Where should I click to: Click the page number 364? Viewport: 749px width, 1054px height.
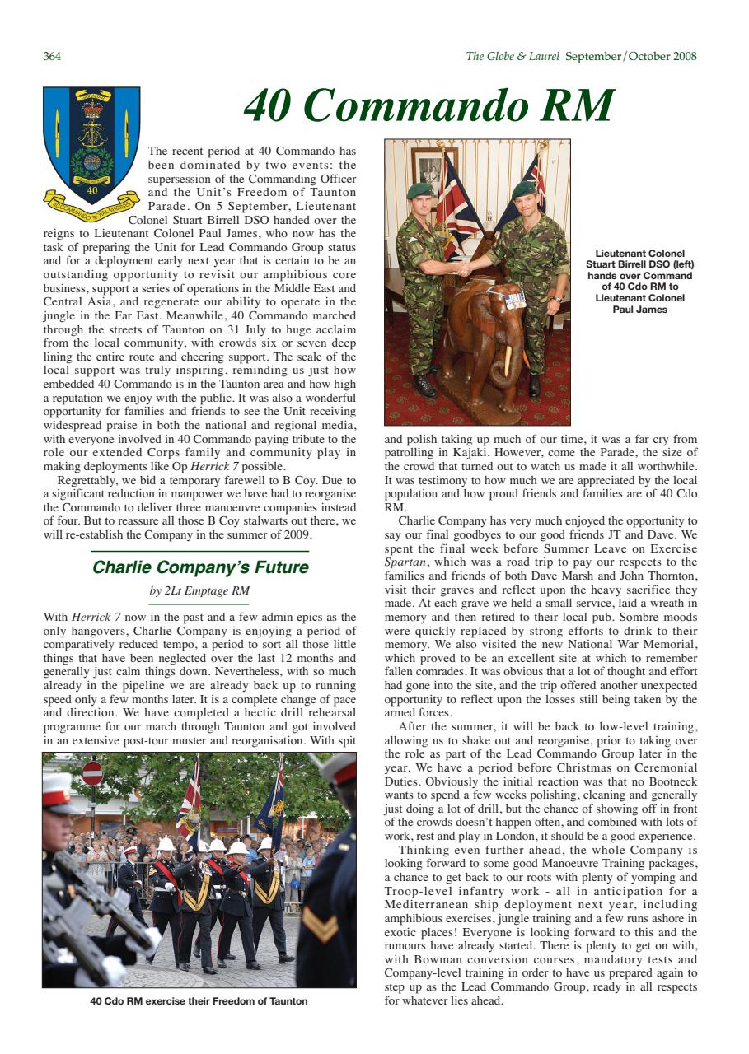pos(52,57)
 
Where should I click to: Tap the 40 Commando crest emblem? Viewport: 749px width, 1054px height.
pos(91,148)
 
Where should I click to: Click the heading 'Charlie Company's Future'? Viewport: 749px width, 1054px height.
pos(200,567)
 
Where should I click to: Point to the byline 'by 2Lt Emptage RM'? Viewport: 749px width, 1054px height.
pos(199,590)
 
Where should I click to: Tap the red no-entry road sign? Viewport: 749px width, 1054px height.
pos(92,774)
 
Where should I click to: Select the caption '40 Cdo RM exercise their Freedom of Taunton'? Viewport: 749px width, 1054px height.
pos(199,1001)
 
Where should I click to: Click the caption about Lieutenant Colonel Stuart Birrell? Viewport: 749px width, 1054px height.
pos(639,282)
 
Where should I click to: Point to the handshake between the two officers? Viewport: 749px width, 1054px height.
pos(463,268)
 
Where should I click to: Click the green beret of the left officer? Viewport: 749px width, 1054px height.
pos(420,191)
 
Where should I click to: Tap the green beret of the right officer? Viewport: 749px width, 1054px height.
pos(523,189)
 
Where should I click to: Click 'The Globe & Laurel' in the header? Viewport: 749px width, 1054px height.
pos(513,57)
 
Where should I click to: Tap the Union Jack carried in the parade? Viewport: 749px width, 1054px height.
pos(189,795)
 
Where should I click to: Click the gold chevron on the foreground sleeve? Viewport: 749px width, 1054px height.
pos(321,925)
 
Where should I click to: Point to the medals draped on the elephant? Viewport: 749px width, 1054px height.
pos(514,299)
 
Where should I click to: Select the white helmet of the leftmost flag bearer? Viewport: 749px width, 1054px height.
pos(166,845)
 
